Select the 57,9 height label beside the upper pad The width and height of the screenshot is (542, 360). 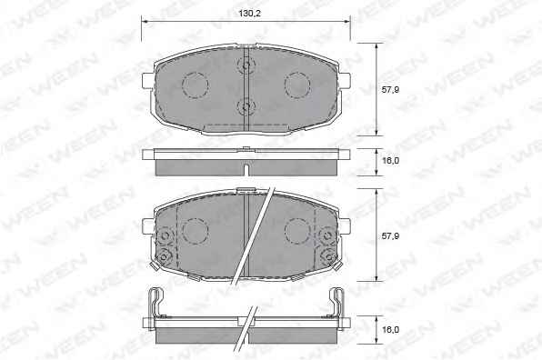pyautogui.click(x=390, y=89)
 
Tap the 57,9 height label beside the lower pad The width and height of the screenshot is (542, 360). pyautogui.click(x=390, y=236)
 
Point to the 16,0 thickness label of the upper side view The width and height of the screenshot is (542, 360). pyautogui.click(x=390, y=161)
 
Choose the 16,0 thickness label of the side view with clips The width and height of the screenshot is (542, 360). pyautogui.click(x=390, y=330)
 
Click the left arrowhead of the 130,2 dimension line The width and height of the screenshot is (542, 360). pyautogui.click(x=145, y=22)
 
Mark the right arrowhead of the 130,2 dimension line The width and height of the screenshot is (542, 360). pyautogui.click(x=346, y=22)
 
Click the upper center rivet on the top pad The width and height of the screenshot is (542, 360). pyautogui.click(x=246, y=65)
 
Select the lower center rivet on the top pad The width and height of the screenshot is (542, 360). pyautogui.click(x=246, y=105)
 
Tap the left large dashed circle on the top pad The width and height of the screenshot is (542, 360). pyautogui.click(x=195, y=85)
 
